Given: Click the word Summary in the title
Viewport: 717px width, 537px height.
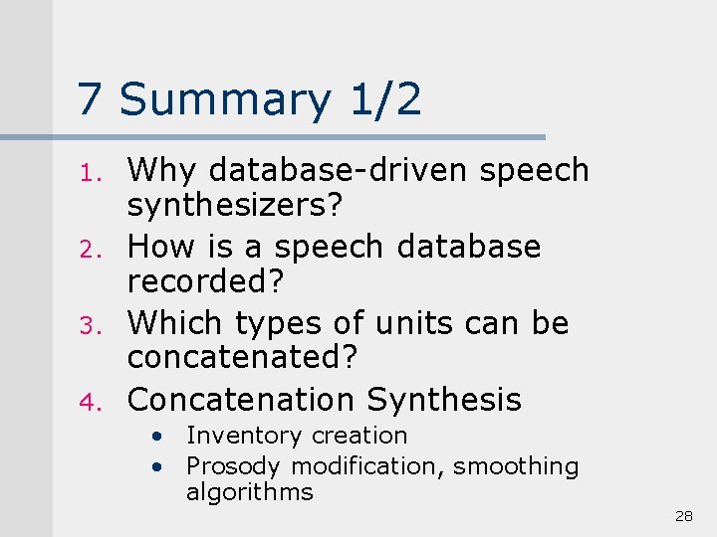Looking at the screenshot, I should coord(225,99).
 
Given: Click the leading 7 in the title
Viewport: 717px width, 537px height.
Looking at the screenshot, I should coord(91,99).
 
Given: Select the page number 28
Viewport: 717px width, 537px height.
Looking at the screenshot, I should coord(683,516).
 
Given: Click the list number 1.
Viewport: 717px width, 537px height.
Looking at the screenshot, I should coord(86,173).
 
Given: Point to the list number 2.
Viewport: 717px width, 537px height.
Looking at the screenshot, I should coord(86,250).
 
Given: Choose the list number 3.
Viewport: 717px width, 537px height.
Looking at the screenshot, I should coord(86,326).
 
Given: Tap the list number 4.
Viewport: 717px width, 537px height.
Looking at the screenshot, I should coord(86,403).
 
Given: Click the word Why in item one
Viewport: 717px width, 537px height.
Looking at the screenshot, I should coord(163,171).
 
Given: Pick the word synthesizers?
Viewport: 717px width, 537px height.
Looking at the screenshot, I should coord(235,206).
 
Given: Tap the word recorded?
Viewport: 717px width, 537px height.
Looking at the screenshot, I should coord(206,281).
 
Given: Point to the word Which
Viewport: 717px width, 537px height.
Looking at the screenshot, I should coord(178,323).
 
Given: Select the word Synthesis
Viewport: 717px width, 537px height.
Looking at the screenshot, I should coord(444,400).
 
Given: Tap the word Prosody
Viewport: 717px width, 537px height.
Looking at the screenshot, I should coord(234,466).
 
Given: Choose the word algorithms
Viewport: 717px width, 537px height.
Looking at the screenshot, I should coord(249,492).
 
